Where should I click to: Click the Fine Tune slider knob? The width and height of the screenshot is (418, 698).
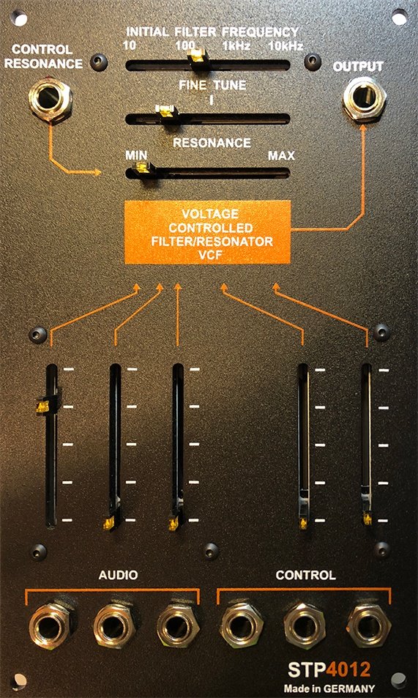pyautogui.click(x=165, y=113)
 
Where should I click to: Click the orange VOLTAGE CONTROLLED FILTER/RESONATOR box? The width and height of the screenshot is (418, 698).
pyautogui.click(x=207, y=232)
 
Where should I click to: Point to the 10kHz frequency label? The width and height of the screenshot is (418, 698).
pyautogui.click(x=285, y=45)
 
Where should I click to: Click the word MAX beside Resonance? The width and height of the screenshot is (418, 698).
pyautogui.click(x=281, y=156)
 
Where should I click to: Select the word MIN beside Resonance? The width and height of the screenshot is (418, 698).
pyautogui.click(x=136, y=155)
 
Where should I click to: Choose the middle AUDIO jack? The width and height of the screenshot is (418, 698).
pyautogui.click(x=115, y=626)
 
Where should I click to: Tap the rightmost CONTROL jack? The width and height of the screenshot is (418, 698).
pyautogui.click(x=370, y=625)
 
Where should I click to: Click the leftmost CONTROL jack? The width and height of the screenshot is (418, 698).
pyautogui.click(x=242, y=625)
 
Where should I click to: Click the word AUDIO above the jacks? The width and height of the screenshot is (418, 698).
pyautogui.click(x=118, y=575)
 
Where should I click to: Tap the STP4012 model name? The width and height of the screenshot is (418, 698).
pyautogui.click(x=329, y=670)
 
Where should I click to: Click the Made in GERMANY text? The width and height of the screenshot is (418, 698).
pyautogui.click(x=329, y=688)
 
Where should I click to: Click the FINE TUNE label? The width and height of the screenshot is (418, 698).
pyautogui.click(x=212, y=85)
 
